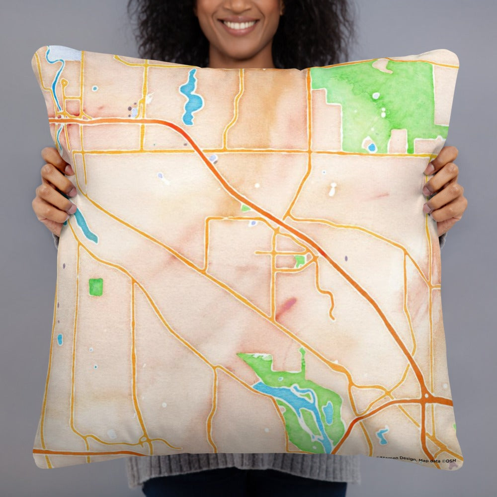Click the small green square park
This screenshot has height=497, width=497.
pos(96,287)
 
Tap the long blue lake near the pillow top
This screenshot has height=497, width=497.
pos(191,97)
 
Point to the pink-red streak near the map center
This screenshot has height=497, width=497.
pos(286,307)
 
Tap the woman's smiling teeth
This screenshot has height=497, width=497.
pos(240,23)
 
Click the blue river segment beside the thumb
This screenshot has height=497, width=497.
pos(85,228)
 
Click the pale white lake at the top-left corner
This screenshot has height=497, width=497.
pos(64,53)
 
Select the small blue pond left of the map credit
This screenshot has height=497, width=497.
pos(382,435)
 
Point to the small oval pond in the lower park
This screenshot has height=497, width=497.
pos(328,412)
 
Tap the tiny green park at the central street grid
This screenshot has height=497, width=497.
pos(299,260)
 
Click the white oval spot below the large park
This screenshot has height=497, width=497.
pos(332,189)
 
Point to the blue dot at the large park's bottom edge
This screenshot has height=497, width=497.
pos(372,147)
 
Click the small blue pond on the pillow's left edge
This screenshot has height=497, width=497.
pos(60,339)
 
